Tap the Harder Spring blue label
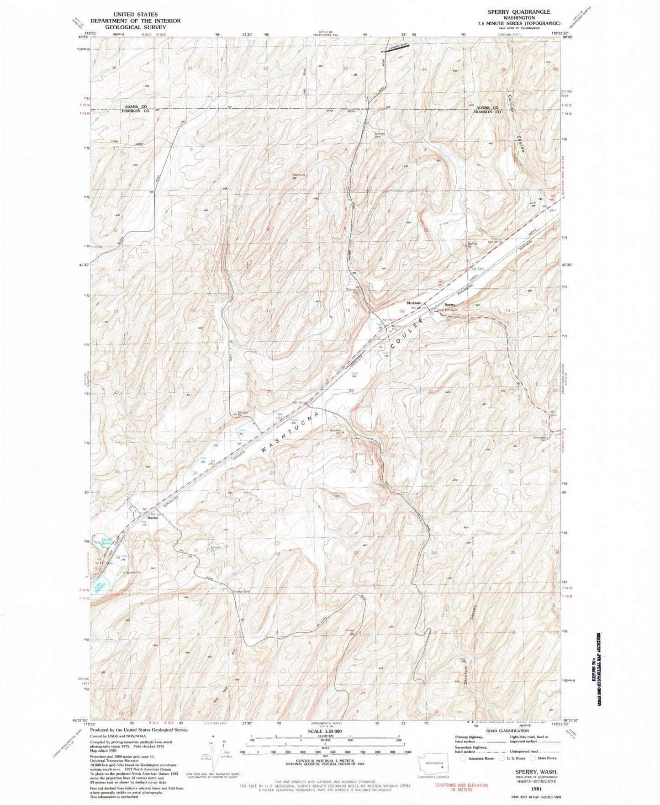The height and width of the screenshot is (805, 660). pyautogui.click(x=106, y=541)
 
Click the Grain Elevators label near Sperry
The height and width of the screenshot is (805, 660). pyautogui.click(x=447, y=310)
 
